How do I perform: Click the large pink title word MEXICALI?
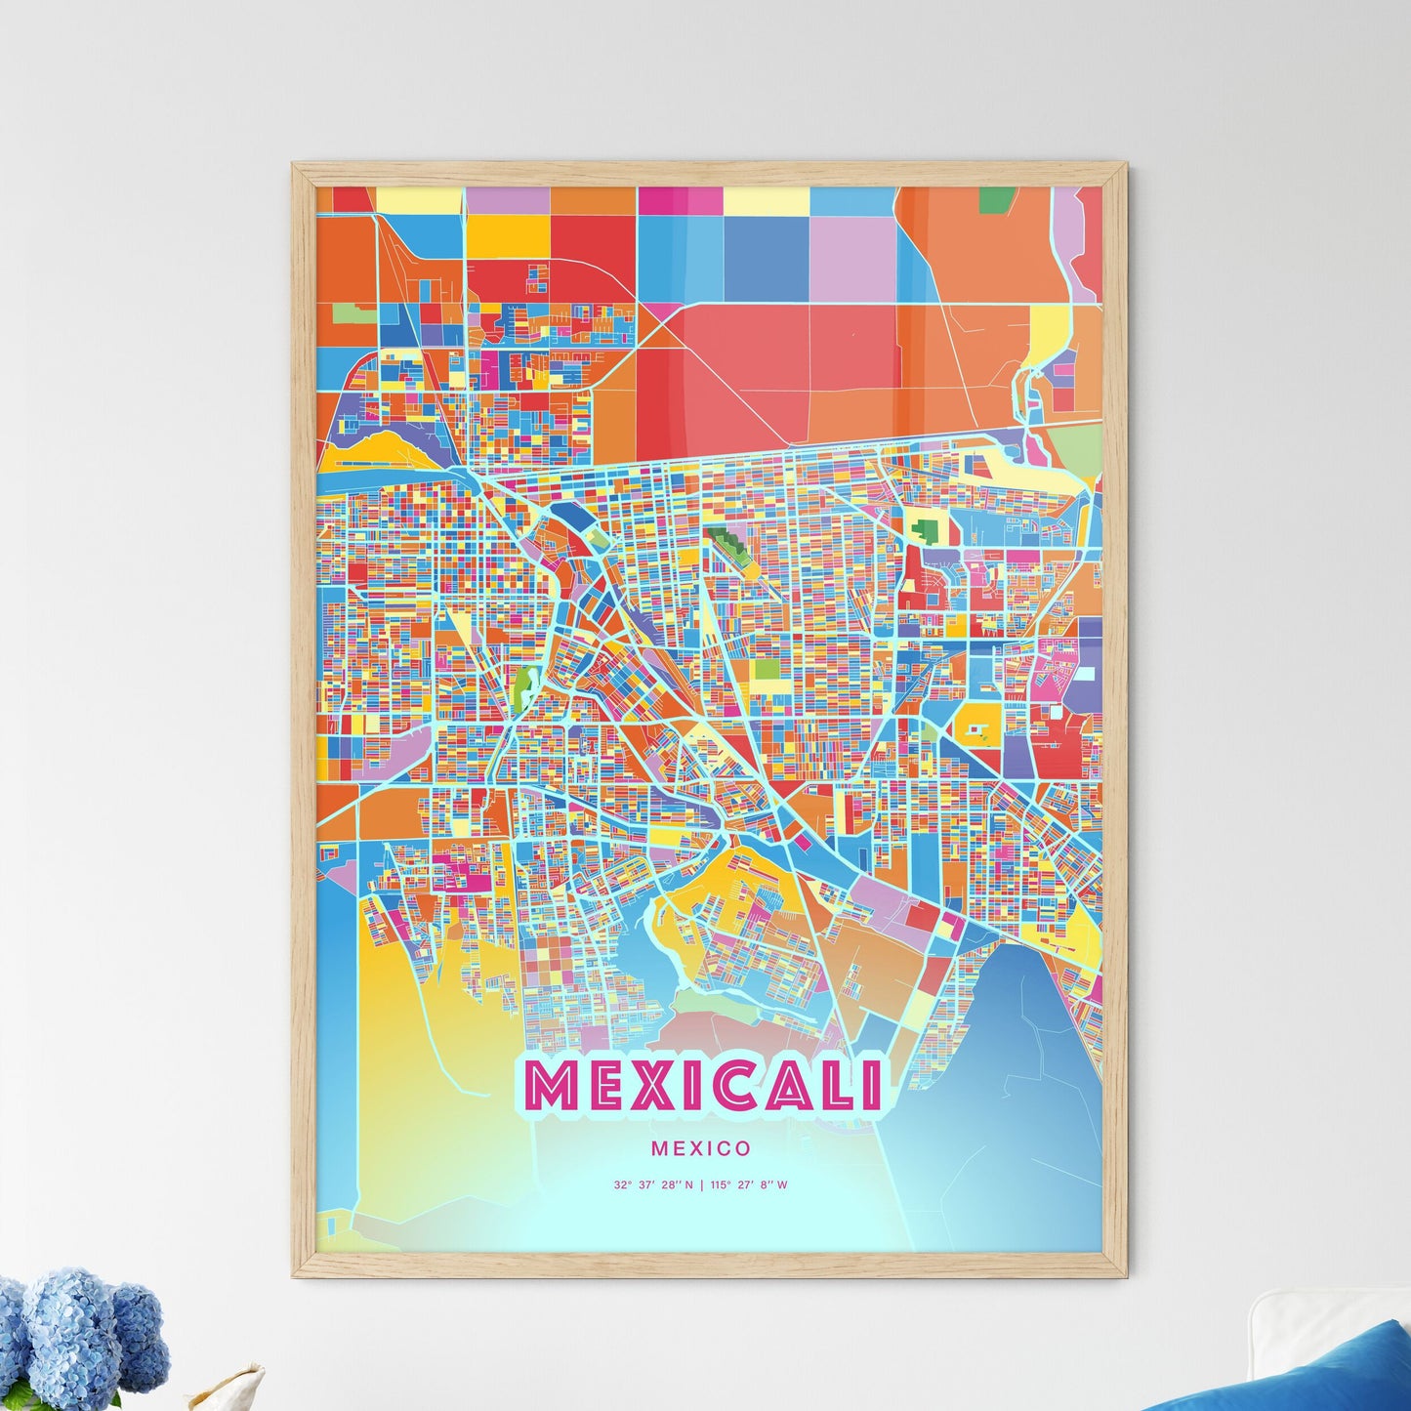702,1086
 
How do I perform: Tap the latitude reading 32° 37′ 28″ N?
653,1185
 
